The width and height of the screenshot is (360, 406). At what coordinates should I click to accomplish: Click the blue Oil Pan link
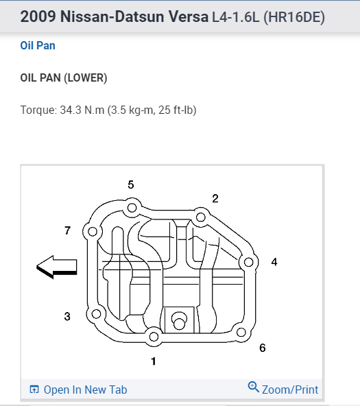click(38, 45)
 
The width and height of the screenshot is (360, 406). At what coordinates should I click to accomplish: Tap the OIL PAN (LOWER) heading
click(64, 78)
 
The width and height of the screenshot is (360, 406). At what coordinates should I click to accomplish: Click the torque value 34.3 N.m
click(82, 110)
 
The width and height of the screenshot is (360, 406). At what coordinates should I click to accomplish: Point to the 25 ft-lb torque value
click(176, 110)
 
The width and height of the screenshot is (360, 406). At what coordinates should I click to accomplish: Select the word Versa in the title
click(189, 17)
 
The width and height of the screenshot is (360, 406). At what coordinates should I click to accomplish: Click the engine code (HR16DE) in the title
click(294, 17)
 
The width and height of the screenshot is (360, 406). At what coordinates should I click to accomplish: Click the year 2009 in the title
click(38, 17)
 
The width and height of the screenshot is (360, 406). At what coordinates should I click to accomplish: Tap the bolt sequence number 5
click(131, 184)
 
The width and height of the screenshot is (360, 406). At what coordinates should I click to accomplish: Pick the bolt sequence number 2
click(215, 199)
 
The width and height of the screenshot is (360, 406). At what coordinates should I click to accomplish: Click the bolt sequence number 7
click(68, 230)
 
